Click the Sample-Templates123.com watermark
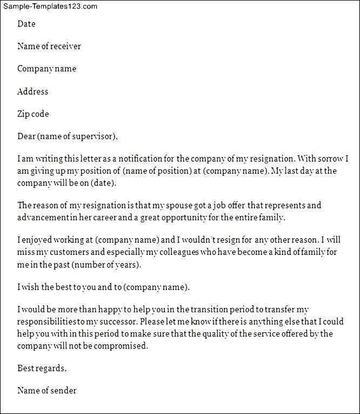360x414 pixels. (49, 6)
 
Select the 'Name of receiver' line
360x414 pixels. (49, 47)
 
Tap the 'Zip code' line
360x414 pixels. (33, 114)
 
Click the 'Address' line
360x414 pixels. (32, 91)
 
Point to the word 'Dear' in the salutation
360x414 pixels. (26, 136)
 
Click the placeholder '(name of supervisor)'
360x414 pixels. (77, 136)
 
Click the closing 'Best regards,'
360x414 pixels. (42, 368)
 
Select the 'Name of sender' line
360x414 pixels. (47, 391)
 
